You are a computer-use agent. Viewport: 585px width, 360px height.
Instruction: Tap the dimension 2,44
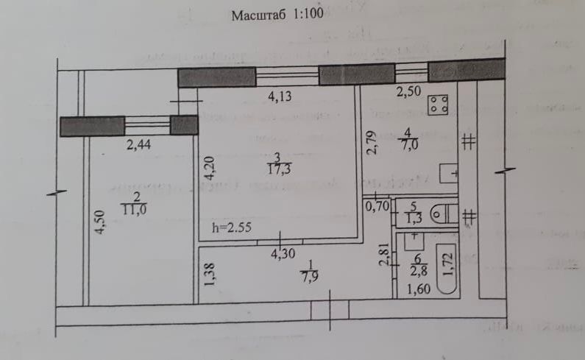pyautogui.click(x=139, y=145)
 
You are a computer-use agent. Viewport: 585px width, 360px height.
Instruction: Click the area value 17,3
pyautogui.click(x=277, y=169)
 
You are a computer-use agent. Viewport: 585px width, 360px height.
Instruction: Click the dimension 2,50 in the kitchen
pyautogui.click(x=410, y=93)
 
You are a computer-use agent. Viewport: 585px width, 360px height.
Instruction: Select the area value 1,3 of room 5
pyautogui.click(x=414, y=219)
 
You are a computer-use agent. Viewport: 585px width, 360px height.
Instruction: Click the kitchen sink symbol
pyautogui.click(x=448, y=174)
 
